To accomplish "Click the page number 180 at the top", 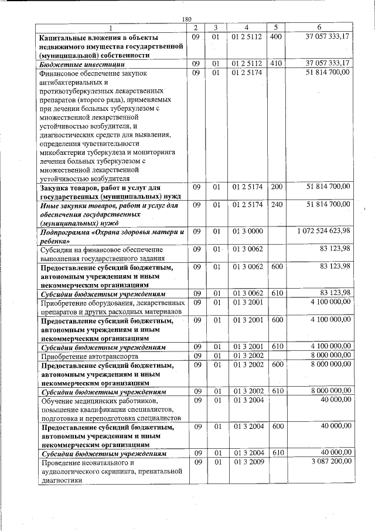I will point(187,19).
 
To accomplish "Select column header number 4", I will point(247,28).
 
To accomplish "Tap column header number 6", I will point(319,28).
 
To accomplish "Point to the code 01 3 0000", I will point(247,231).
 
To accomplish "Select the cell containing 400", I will point(276,36).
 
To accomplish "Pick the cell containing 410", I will point(276,63).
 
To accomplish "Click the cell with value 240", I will point(276,204).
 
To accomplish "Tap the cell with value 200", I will point(276,187).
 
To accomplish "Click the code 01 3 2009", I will point(247,462).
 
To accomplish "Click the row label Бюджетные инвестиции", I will point(70,64).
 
